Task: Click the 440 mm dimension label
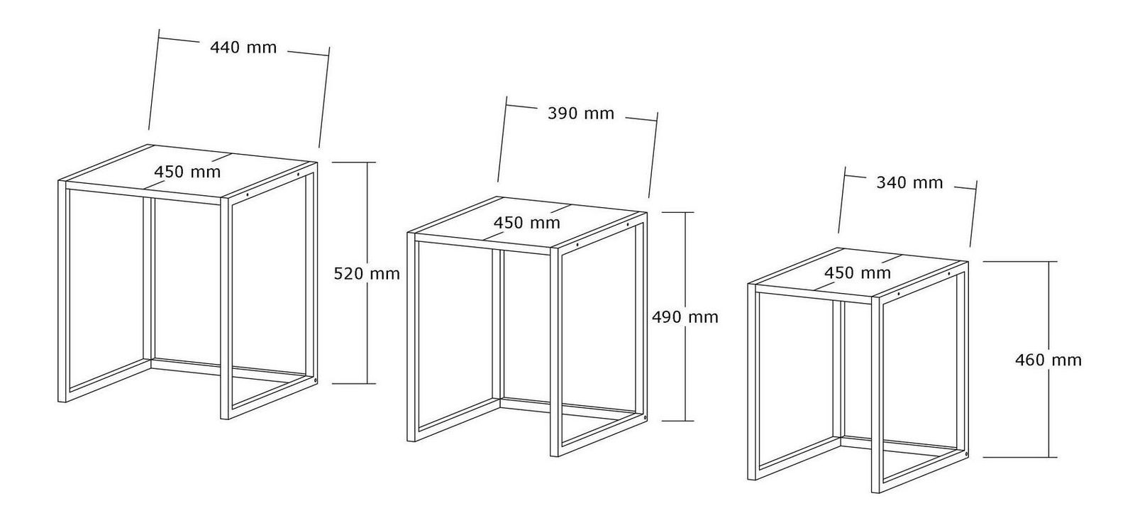tap(243, 48)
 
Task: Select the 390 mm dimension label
tap(581, 113)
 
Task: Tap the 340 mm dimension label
tap(909, 182)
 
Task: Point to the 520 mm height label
tap(366, 274)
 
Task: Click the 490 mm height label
tap(685, 317)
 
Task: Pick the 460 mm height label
tap(1048, 360)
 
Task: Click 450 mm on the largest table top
tap(187, 172)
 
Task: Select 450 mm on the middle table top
tap(527, 223)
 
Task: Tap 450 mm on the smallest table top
tap(858, 272)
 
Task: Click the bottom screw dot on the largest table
tap(316, 380)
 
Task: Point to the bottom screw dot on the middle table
tap(645, 417)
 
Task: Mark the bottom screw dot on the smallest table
tap(966, 453)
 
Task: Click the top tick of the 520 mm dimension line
tap(354, 162)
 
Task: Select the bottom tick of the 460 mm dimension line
tap(1020, 457)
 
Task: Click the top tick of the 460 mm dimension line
tap(1020, 262)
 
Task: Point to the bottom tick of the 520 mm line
tap(354, 384)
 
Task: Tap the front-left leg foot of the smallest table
tap(752, 478)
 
